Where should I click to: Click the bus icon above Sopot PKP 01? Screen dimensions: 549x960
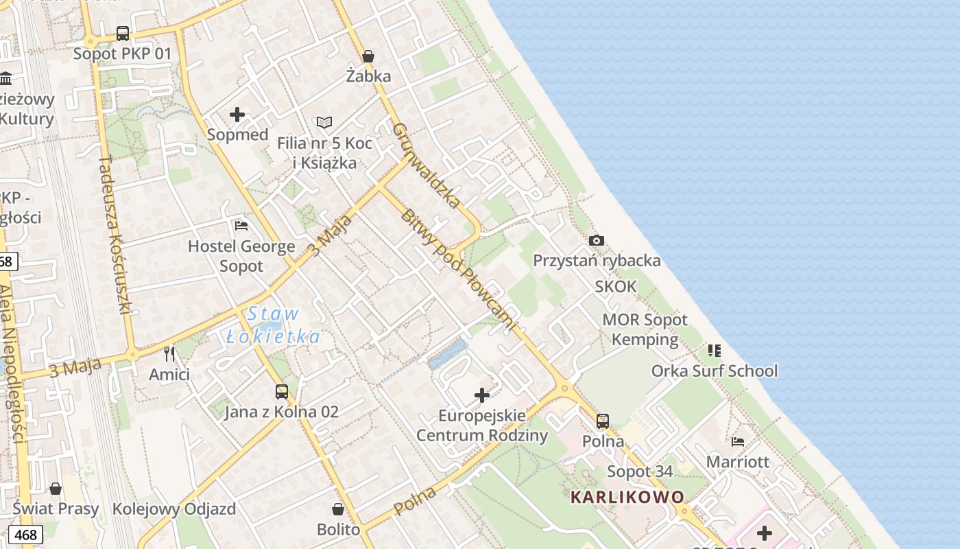tap(123, 33)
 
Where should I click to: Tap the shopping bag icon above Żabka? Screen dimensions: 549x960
tap(368, 56)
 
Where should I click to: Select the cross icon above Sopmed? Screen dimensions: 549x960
tap(237, 115)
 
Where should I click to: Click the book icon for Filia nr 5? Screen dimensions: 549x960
tap(324, 123)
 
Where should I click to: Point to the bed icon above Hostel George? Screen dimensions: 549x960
tap(241, 225)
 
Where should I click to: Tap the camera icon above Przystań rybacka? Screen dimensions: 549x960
tap(597, 240)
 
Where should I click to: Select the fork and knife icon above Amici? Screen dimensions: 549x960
tap(169, 354)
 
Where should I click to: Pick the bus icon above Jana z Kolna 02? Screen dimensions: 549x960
tap(282, 392)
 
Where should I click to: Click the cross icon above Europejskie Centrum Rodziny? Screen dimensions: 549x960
tap(482, 395)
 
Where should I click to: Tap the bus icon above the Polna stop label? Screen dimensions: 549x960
tap(603, 421)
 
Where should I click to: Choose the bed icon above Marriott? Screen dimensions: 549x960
tap(738, 441)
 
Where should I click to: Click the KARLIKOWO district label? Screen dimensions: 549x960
tap(627, 497)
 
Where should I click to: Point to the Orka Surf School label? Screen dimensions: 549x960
tap(715, 371)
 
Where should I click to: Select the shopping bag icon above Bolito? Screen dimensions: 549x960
tap(338, 509)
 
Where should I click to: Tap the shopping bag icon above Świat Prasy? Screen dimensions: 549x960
tap(56, 489)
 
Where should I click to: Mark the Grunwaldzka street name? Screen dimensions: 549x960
tap(426, 165)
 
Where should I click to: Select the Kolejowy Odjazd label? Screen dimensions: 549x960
tap(173, 509)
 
